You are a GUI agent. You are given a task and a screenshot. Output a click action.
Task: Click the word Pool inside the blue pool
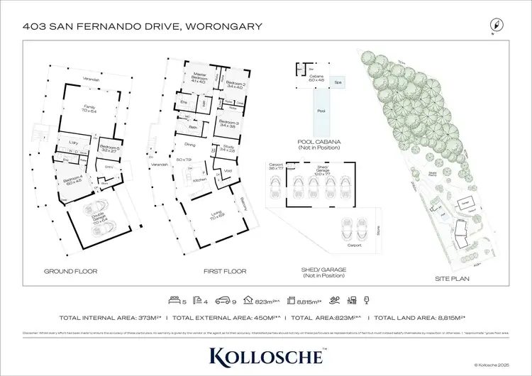[321, 111]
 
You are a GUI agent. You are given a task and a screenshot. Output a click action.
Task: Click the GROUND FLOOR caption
[70, 271]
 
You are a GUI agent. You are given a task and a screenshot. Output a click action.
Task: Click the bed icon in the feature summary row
[172, 299]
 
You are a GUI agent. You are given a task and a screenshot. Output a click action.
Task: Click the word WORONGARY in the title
[223, 27]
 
